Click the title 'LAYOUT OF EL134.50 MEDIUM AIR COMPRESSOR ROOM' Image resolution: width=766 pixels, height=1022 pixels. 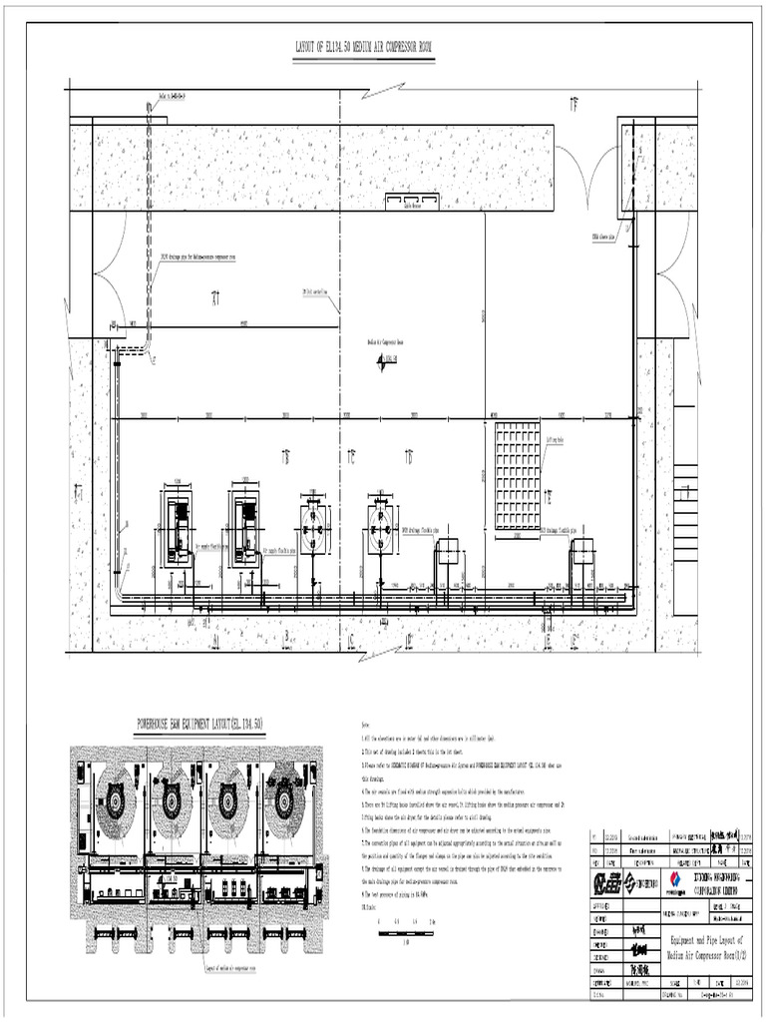(x=364, y=47)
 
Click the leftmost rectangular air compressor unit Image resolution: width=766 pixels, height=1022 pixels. (x=180, y=526)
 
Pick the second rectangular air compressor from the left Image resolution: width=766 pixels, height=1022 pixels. (x=245, y=526)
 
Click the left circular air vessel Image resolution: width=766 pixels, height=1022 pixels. (x=314, y=527)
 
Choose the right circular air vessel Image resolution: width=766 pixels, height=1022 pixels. (x=380, y=527)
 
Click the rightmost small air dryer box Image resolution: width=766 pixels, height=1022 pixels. (x=581, y=550)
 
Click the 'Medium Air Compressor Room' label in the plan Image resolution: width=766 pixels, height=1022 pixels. (x=383, y=342)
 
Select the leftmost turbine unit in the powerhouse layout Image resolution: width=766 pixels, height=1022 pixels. (x=116, y=798)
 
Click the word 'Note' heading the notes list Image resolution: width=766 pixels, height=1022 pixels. (x=364, y=728)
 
